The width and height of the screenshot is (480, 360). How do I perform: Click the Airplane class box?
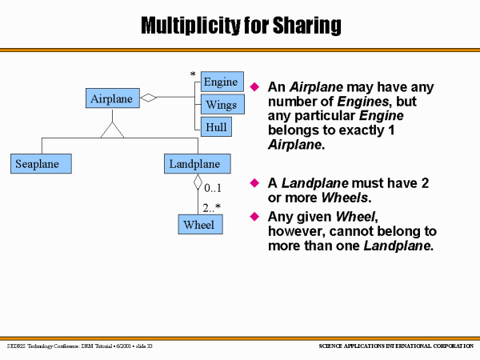[111, 99]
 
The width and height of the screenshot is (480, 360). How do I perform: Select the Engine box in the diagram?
[220, 82]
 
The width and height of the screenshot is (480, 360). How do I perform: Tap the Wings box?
[220, 105]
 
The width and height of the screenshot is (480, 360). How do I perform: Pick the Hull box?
[215, 127]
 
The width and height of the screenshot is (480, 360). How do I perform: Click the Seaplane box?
[41, 164]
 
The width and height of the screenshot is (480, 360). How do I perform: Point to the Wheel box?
[199, 225]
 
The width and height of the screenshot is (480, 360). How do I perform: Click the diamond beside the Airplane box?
[146, 98]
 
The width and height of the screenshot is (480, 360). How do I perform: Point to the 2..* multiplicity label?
[212, 208]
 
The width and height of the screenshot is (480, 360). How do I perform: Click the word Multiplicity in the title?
[190, 26]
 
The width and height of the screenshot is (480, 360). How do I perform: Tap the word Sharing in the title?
[305, 26]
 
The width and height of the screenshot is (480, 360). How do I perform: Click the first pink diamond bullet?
[255, 86]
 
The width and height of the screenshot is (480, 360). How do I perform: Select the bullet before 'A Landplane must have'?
[255, 183]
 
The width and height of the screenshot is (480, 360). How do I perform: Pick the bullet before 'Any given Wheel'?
[255, 216]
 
